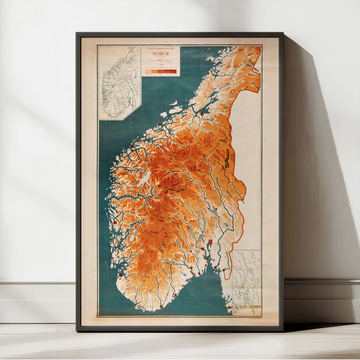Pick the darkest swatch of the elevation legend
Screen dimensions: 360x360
[173, 71]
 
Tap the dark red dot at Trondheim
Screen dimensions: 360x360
[201, 113]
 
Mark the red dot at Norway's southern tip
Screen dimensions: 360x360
[142, 305]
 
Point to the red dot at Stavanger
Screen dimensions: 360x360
[120, 274]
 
